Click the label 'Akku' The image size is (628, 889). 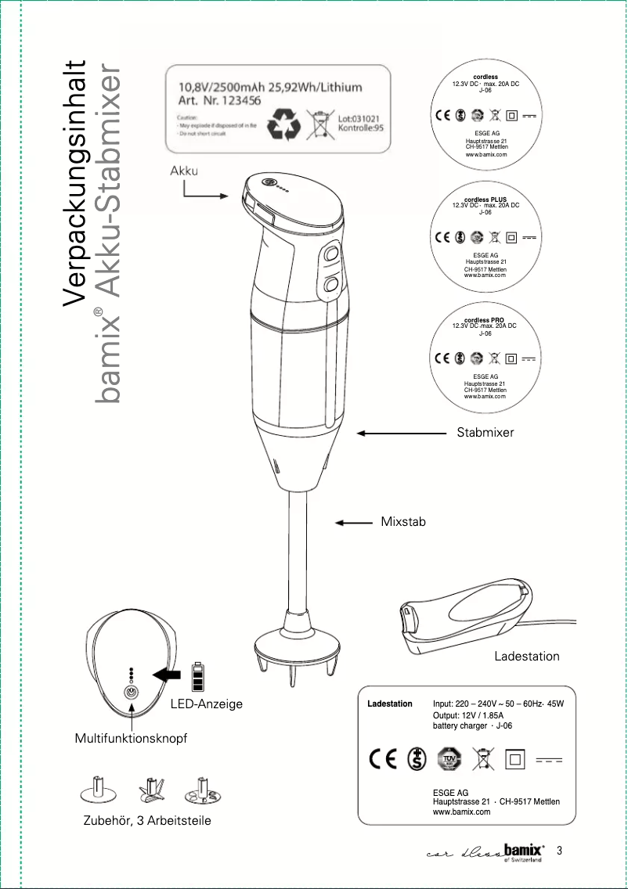pos(184,171)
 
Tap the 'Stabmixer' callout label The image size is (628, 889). pos(485,432)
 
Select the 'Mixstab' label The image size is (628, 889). pos(402,521)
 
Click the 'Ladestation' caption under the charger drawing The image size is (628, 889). pos(526,656)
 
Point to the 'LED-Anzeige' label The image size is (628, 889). pos(207,704)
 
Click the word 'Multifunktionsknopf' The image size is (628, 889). pos(131,738)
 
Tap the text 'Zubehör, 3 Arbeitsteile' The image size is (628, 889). pos(146,820)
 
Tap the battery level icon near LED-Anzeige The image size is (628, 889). pos(198,677)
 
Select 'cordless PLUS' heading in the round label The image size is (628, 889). pos(485,200)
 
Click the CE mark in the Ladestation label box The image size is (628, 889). pos(384,759)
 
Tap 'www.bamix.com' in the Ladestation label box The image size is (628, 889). pos(461,812)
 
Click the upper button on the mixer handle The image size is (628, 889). pos(330,254)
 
